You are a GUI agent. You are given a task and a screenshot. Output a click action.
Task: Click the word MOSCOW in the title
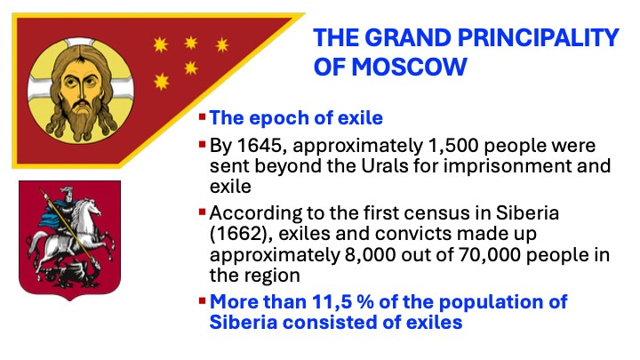coord(409,67)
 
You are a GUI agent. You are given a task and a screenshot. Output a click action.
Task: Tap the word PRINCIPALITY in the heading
coord(539,38)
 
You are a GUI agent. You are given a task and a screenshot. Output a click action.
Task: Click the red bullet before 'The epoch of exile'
coord(202,117)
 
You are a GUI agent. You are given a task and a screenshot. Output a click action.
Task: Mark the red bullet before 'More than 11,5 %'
coord(202,301)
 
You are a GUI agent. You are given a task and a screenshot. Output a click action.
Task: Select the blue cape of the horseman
coord(50,215)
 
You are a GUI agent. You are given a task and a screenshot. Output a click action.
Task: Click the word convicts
coord(414,234)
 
